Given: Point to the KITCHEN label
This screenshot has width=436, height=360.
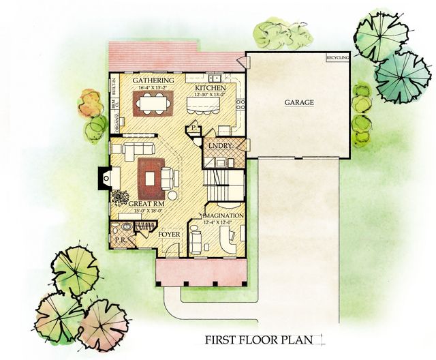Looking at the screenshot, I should pyautogui.click(x=209, y=88).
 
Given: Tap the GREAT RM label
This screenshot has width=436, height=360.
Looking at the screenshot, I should pyautogui.click(x=144, y=202).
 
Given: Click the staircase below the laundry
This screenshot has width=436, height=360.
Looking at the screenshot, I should pyautogui.click(x=224, y=181).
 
